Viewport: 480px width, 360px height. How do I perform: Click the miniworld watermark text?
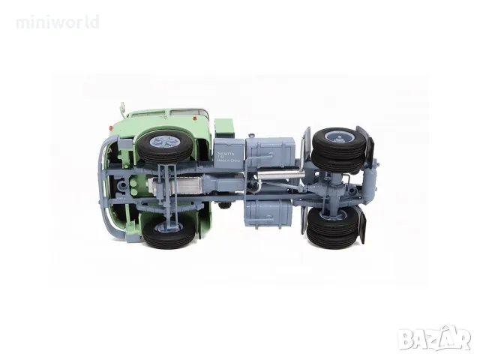click(57, 22)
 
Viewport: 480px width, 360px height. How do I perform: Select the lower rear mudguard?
click(359, 226)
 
